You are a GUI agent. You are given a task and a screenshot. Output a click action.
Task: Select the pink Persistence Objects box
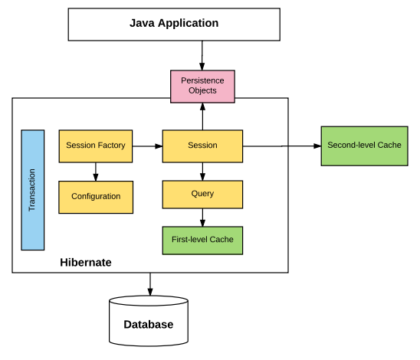202,86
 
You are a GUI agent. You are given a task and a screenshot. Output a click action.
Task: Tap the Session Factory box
96,146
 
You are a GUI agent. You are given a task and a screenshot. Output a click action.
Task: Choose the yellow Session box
202,146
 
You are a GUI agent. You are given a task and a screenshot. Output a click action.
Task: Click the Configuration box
96,197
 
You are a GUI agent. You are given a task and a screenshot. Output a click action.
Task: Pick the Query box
202,194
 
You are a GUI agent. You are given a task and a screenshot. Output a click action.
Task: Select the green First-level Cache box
202,240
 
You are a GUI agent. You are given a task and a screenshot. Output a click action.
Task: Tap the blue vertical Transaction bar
32,190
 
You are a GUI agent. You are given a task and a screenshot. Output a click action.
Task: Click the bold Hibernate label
85,263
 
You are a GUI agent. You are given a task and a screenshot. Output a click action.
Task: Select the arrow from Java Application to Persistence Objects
202,55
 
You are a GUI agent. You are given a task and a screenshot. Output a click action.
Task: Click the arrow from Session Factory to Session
147,146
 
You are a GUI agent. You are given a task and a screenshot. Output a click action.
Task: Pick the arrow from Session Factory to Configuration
96,171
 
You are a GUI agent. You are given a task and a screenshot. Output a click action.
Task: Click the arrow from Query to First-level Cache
202,217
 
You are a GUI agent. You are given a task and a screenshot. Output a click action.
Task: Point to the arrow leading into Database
149,284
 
